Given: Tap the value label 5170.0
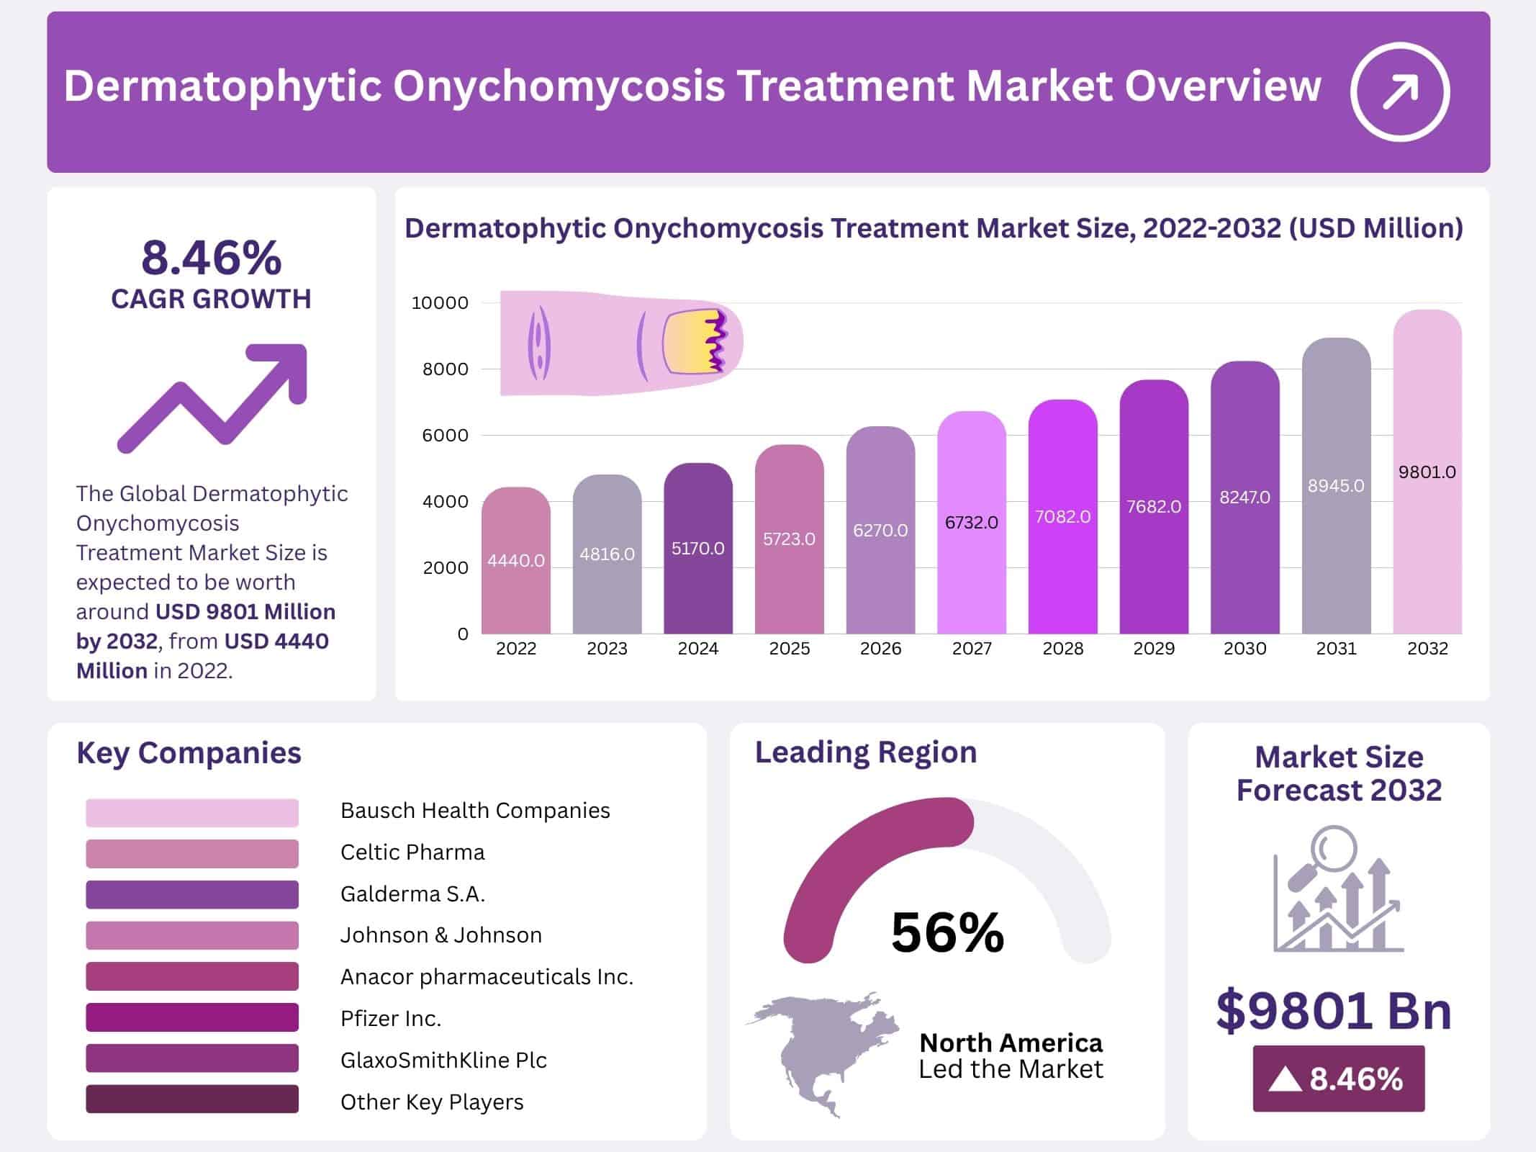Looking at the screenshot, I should pyautogui.click(x=697, y=549).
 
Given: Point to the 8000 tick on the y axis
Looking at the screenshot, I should pyautogui.click(x=445, y=369).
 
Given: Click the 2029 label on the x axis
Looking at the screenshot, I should pyautogui.click(x=1154, y=649).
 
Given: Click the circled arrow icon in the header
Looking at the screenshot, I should pyautogui.click(x=1399, y=91).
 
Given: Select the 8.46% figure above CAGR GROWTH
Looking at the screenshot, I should pyautogui.click(x=211, y=258).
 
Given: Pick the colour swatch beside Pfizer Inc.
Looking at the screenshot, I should pyautogui.click(x=191, y=1017).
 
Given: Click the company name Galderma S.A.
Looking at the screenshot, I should pyautogui.click(x=412, y=894).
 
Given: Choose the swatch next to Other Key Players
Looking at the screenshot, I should pyautogui.click(x=191, y=1099).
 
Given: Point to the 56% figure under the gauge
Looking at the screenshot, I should pyautogui.click(x=947, y=932).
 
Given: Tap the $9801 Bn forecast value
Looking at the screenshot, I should pyautogui.click(x=1334, y=1011).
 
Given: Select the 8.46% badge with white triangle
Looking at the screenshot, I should pyautogui.click(x=1338, y=1079).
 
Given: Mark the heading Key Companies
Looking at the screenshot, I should pyautogui.click(x=189, y=753).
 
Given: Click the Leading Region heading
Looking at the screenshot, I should pyautogui.click(x=865, y=752).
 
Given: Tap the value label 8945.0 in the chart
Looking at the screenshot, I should pyautogui.click(x=1336, y=486).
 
